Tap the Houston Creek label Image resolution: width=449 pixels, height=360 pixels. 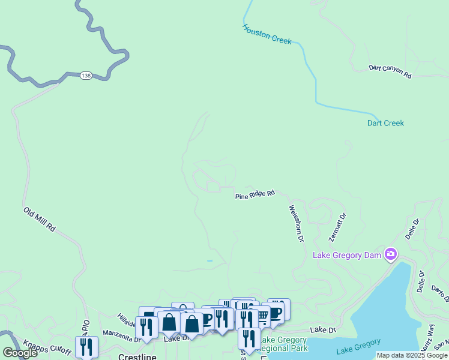point(267,34)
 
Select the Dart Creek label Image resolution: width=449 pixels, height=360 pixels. point(385,123)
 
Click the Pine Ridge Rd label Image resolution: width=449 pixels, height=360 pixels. point(255,194)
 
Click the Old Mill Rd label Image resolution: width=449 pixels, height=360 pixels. point(40,220)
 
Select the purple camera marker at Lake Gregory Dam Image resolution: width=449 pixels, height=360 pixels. point(391,254)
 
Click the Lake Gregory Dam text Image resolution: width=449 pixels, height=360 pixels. point(348,255)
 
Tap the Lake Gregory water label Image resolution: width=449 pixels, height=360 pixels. point(358,346)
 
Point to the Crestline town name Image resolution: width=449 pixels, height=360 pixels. point(137,356)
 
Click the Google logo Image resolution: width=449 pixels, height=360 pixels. point(20,353)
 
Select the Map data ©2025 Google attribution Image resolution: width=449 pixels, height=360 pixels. point(412,355)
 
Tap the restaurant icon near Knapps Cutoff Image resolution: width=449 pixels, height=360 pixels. point(86,346)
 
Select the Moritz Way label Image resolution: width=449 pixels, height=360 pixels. point(429,337)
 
